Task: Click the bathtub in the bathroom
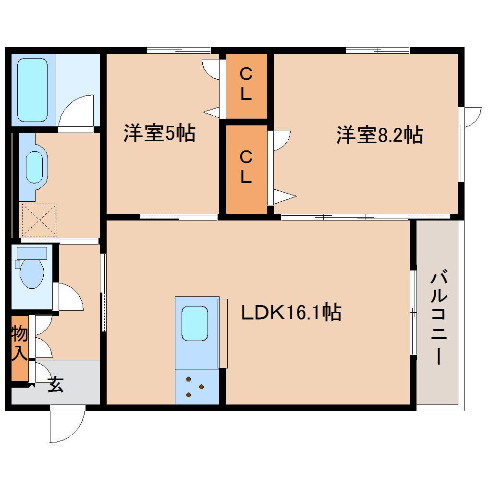[33, 90]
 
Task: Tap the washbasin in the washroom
[34, 167]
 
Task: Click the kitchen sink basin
[195, 323]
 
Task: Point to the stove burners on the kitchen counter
[195, 387]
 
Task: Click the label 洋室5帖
[159, 133]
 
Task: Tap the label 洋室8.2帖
[379, 135]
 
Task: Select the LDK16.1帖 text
[291, 313]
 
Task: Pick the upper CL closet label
[246, 85]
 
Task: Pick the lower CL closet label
[246, 167]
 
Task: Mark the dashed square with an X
[39, 220]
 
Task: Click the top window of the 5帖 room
[179, 50]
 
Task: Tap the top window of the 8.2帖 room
[378, 50]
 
